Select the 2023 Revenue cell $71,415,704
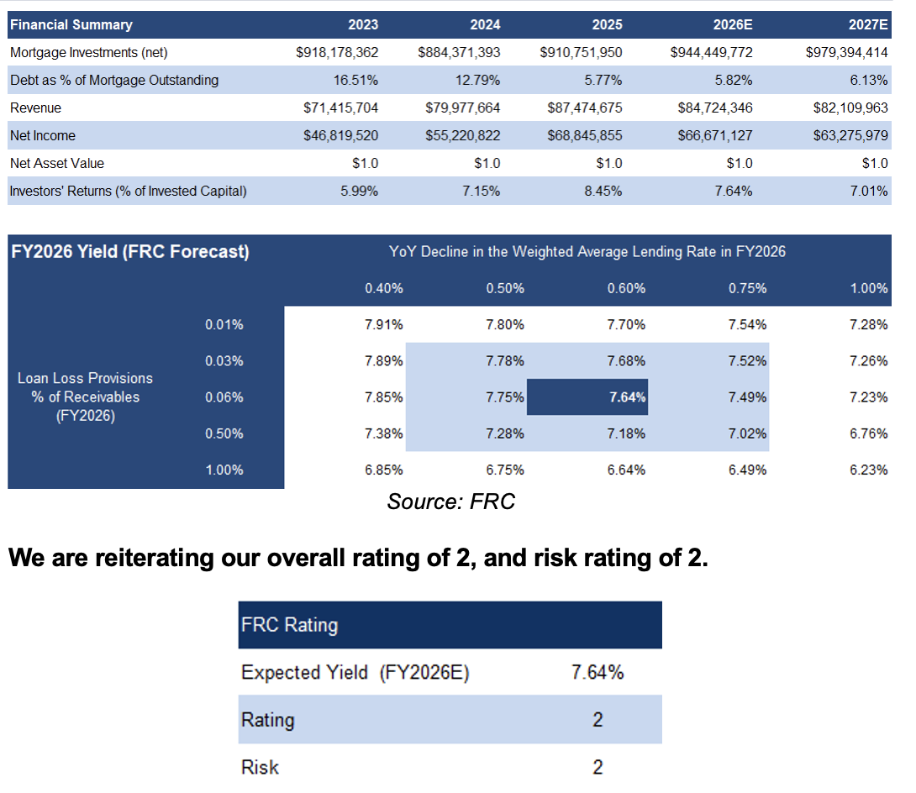click(x=340, y=108)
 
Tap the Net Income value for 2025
click(x=581, y=135)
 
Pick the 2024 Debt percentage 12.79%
click(x=479, y=81)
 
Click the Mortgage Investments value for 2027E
click(x=846, y=52)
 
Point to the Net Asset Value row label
click(x=57, y=163)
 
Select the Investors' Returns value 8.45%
click(x=602, y=191)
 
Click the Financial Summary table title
click(x=71, y=24)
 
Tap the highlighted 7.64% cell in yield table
click(x=627, y=397)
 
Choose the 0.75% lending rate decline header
click(x=747, y=288)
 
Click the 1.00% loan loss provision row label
click(x=224, y=470)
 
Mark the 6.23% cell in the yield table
click(x=869, y=470)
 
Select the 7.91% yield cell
click(x=384, y=324)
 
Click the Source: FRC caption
click(x=450, y=502)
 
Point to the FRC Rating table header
click(x=289, y=625)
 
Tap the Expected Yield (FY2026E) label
click(x=355, y=672)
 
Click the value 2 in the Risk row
click(x=598, y=767)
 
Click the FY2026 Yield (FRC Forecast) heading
click(x=129, y=251)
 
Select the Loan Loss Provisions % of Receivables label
click(x=85, y=396)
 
